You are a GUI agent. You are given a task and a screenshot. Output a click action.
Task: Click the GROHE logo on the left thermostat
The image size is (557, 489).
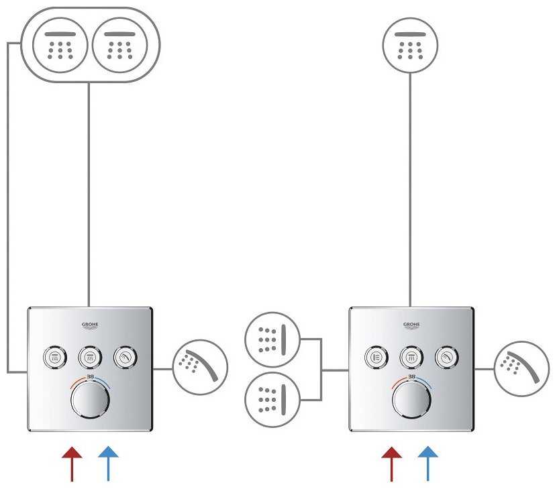click(90, 326)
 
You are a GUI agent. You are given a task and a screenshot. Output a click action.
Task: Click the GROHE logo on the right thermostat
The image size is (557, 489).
click(411, 326)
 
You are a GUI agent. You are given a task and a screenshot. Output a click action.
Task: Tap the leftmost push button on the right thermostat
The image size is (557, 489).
click(377, 356)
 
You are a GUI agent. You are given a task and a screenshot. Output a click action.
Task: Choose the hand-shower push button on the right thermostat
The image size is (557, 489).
click(445, 356)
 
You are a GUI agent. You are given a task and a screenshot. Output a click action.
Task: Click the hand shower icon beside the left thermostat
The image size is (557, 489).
click(200, 368)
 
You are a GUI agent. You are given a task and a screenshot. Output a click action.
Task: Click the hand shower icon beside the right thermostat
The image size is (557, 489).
click(521, 368)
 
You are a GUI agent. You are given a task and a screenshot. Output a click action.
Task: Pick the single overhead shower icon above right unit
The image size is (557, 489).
click(409, 45)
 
